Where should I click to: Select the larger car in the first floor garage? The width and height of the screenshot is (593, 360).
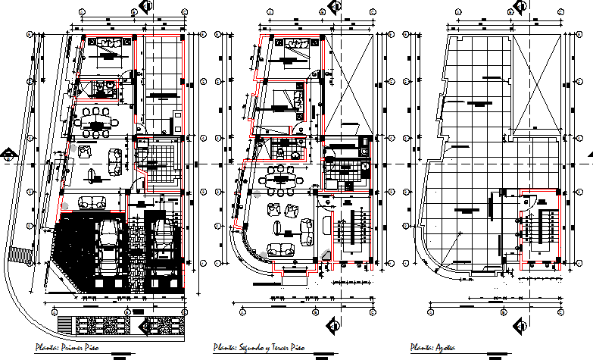coord(109,246)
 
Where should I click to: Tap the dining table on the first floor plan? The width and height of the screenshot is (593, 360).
coord(95,121)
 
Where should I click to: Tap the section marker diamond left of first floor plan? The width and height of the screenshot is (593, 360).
coord(8,157)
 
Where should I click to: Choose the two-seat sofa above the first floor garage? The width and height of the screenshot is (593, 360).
coord(92,202)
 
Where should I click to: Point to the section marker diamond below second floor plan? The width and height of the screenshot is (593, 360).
coord(332,327)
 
